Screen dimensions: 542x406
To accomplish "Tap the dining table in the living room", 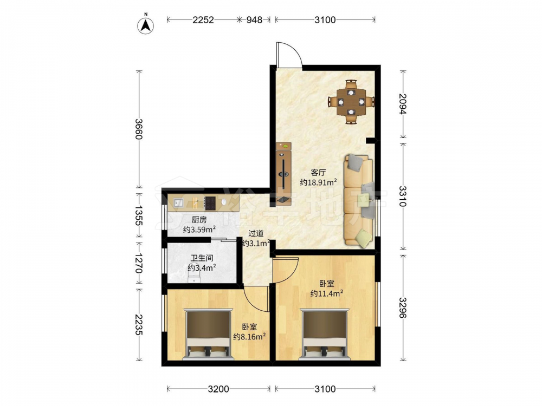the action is point(351,102).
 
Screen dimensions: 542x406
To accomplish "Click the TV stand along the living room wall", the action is point(283,174).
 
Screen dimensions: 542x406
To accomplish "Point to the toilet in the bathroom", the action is point(194,278).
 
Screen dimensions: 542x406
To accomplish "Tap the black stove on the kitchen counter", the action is point(210,204).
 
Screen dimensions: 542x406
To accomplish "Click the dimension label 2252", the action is point(203,20).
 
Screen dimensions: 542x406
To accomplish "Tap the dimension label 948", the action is point(254,20).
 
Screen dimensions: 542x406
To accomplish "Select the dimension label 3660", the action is point(139,129).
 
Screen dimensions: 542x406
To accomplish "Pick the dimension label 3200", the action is point(218,389).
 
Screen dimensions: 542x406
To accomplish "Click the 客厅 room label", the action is point(318,172).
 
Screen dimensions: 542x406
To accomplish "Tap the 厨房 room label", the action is point(199,220).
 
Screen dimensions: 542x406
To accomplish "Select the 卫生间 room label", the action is point(202,258).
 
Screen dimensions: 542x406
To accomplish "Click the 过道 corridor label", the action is point(256,234).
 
